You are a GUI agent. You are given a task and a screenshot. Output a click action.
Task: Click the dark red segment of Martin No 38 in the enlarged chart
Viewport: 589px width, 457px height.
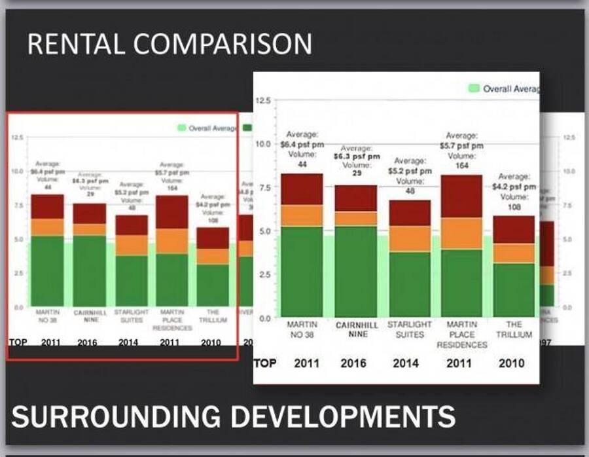coord(302,189)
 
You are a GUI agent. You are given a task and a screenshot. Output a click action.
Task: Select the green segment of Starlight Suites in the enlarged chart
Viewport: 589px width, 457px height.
coord(410,283)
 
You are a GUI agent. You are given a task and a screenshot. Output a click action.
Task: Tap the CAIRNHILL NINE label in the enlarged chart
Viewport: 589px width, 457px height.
coord(356,329)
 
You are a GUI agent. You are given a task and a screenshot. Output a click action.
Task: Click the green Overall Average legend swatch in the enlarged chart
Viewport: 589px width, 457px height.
coord(474,88)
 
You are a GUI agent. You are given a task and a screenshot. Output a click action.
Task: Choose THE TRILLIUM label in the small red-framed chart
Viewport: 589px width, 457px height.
coord(213,316)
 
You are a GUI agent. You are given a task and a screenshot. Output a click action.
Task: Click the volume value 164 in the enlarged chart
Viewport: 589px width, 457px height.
coord(463,166)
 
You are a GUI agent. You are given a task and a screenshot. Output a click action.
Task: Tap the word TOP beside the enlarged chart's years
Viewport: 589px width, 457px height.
coord(264,363)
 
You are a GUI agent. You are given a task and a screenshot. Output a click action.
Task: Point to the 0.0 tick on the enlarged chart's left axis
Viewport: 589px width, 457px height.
coord(264,318)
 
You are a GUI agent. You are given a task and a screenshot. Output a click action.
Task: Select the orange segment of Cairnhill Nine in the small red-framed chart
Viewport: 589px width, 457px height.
coord(89,229)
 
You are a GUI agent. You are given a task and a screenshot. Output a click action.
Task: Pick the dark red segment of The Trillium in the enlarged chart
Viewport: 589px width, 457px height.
coord(514,229)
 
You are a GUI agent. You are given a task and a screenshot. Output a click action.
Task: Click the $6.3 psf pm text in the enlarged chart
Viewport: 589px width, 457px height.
coord(357,156)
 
